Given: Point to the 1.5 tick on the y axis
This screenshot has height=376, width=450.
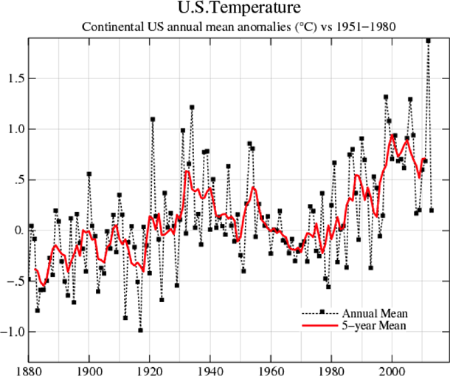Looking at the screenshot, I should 13,78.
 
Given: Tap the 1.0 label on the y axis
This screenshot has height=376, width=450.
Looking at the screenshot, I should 13,129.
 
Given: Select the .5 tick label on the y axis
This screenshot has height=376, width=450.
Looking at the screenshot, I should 15,180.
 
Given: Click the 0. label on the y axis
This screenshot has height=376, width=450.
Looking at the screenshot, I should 15,230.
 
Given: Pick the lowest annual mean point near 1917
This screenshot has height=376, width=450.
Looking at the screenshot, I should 140,330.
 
